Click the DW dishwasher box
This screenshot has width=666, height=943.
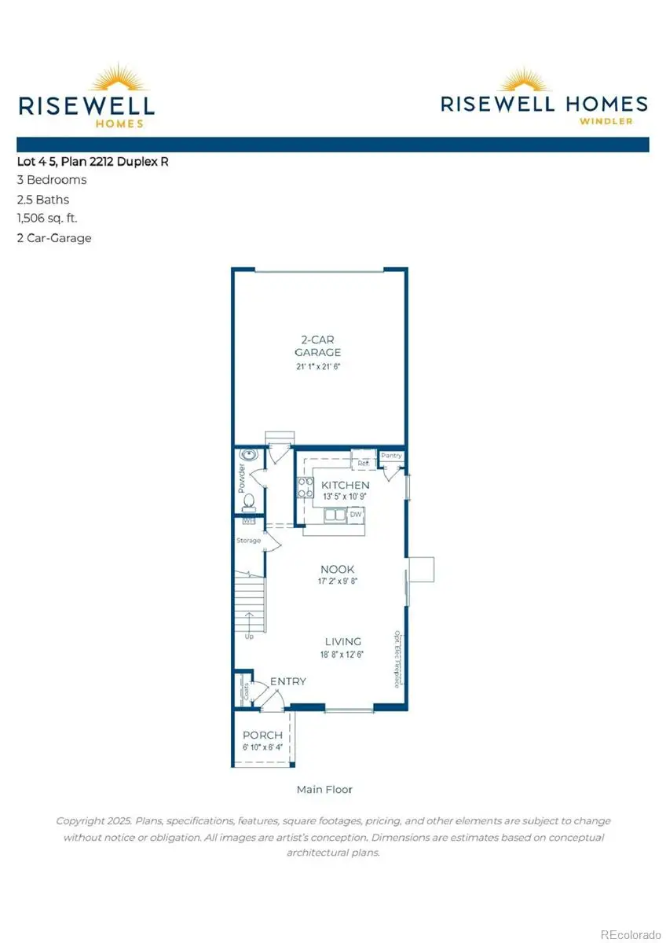coord(356,514)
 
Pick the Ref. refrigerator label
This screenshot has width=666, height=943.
coord(364,464)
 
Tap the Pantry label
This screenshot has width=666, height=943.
coord(391,456)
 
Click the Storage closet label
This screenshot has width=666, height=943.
coord(249,541)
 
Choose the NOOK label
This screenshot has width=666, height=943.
coord(337,569)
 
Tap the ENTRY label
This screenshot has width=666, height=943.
coord(288,681)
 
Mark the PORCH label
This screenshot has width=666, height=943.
coord(262,736)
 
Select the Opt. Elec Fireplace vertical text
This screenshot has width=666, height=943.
coord(397,659)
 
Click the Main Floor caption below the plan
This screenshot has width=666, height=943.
coord(324,789)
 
